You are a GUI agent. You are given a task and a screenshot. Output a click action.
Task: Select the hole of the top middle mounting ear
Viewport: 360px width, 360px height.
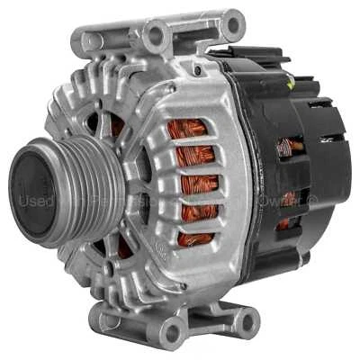coord(156,37)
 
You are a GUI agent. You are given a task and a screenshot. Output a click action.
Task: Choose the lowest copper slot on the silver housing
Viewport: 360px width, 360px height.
coord(193,238)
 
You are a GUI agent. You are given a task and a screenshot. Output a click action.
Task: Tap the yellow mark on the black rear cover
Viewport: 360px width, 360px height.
coord(290,83)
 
